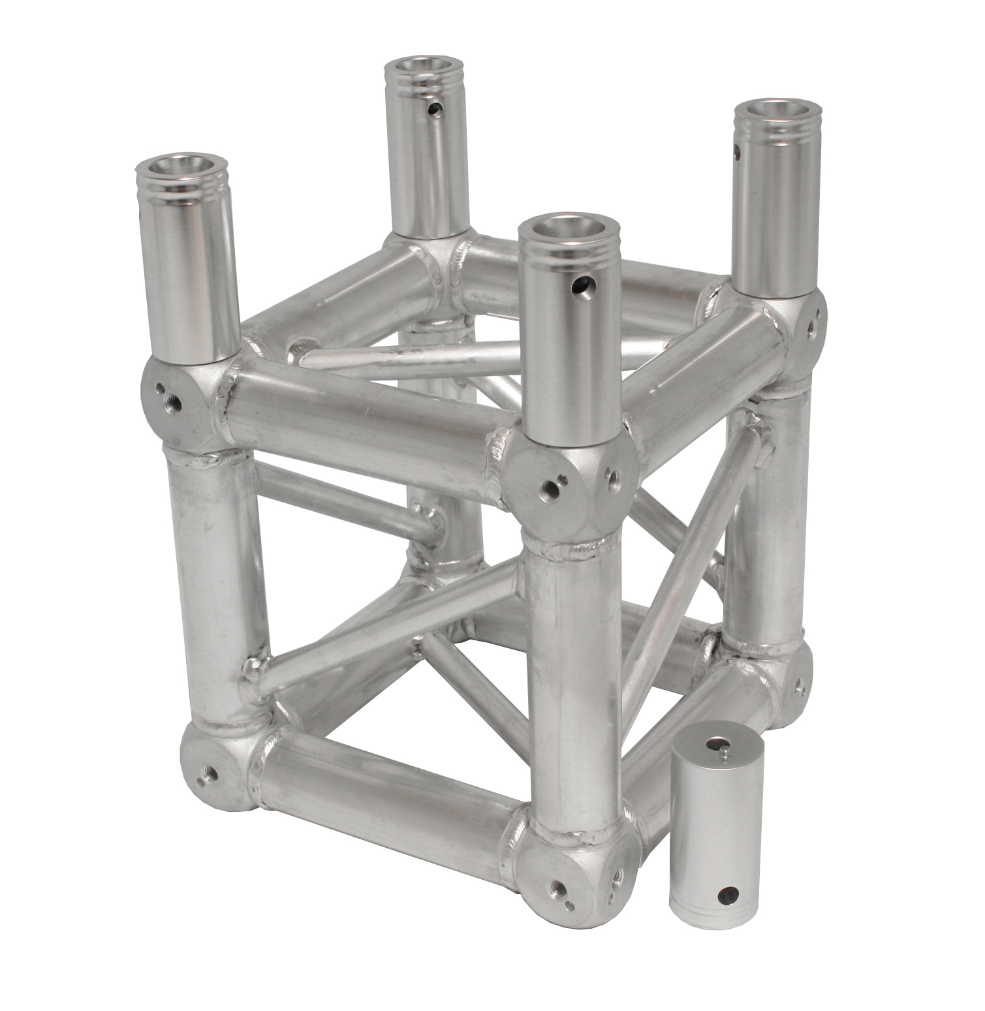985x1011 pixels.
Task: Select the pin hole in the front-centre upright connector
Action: point(582,285)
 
